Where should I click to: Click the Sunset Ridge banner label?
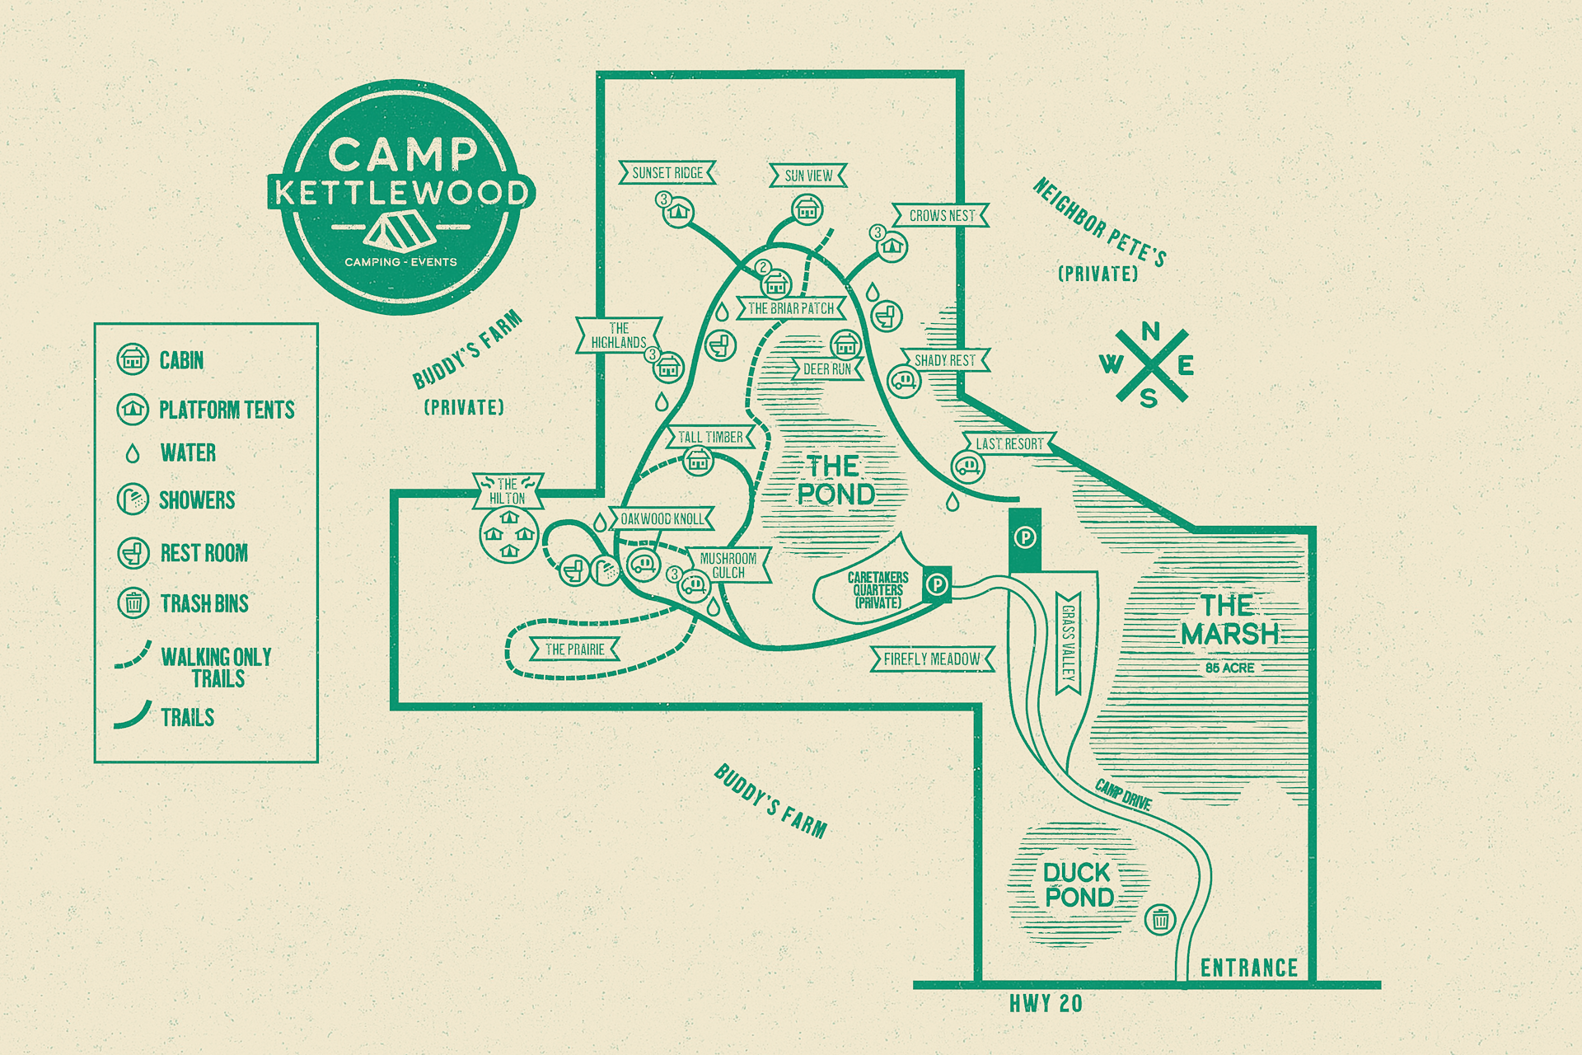667,172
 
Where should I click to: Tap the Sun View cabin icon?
807,210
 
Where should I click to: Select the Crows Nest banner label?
941,215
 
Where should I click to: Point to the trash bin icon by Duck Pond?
1160,918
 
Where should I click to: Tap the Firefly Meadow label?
932,659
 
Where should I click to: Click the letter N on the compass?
1151,331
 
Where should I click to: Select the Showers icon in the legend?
133,499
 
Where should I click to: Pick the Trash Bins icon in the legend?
133,603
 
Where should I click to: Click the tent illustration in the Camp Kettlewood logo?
400,230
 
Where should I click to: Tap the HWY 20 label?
1046,1003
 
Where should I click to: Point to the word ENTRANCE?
1248,968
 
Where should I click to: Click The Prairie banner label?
574,649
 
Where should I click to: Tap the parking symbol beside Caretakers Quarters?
937,584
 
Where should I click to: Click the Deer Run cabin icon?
845,344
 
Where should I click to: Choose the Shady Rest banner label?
944,360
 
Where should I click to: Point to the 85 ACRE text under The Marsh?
1229,668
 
